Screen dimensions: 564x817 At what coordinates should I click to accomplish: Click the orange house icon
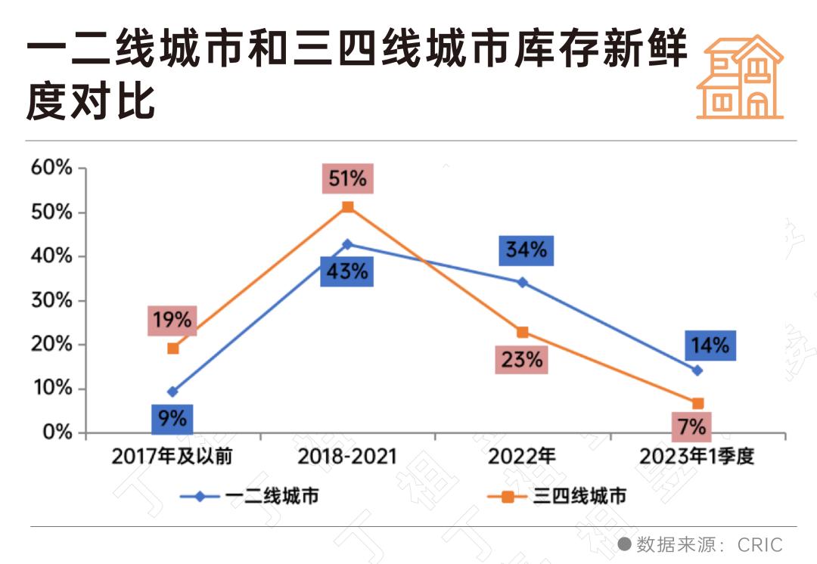739,76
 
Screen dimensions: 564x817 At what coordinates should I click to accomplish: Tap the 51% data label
347,179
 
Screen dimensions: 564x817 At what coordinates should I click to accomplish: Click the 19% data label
172,320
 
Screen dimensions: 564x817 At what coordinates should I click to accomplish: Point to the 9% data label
172,417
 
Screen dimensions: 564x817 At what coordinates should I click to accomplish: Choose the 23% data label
523,358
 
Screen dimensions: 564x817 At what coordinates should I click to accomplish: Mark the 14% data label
710,346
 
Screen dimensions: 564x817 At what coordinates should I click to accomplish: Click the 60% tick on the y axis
51,168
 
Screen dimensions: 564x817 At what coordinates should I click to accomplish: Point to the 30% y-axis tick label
51,300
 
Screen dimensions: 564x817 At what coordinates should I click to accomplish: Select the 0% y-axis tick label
56,432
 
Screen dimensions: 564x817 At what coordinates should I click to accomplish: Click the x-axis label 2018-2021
347,457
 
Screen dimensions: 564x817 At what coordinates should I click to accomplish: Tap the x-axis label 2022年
522,457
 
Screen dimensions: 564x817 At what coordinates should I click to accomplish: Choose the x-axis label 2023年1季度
697,457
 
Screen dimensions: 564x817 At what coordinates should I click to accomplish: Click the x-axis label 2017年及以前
172,457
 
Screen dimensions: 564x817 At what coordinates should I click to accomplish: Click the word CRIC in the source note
760,544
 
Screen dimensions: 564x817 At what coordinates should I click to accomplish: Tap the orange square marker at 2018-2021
348,206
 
